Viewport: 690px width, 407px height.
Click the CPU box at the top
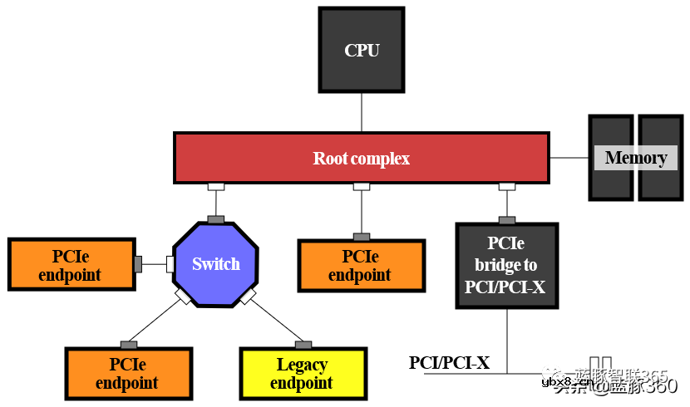(x=362, y=50)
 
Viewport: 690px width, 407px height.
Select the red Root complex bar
(x=361, y=158)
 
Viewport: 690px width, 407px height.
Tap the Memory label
(x=635, y=158)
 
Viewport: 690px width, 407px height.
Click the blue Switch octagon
(x=216, y=264)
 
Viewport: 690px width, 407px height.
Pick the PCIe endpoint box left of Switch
(x=71, y=264)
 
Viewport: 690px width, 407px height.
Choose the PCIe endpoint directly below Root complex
(x=361, y=266)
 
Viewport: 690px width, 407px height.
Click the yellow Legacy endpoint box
(x=303, y=374)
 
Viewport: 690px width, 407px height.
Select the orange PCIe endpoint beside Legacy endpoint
(x=128, y=374)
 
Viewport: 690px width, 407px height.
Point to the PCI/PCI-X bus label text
(x=449, y=363)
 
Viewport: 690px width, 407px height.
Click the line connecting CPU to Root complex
(x=362, y=112)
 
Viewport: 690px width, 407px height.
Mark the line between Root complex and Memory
(x=569, y=158)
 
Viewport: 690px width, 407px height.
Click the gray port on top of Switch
(x=216, y=219)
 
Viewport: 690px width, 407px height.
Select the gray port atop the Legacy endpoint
(x=303, y=345)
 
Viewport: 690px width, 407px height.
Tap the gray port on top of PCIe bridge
(x=506, y=220)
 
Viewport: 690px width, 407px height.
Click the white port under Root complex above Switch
(x=216, y=187)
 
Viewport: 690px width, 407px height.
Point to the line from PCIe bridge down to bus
(x=507, y=341)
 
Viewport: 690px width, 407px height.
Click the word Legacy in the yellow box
(x=302, y=365)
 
